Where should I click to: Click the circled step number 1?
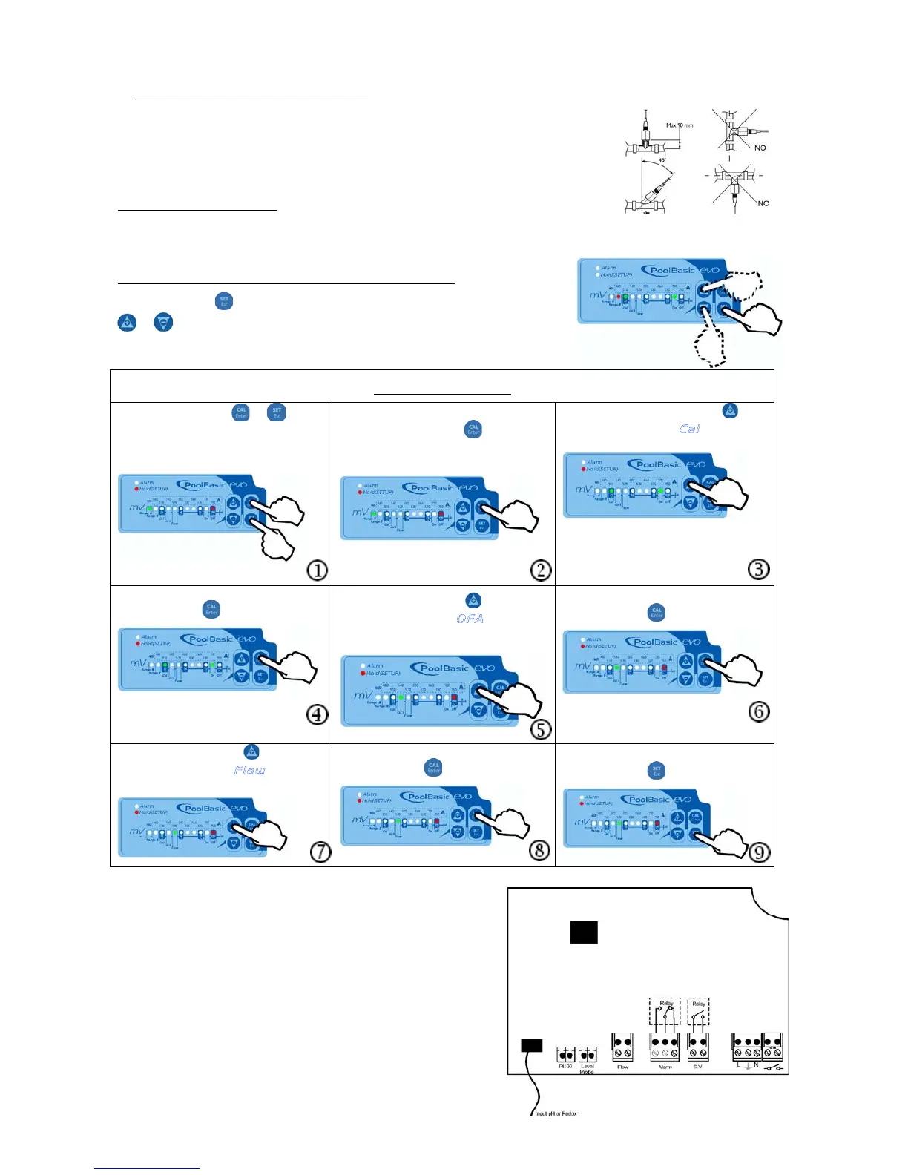pos(318,570)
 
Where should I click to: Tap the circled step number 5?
pos(541,728)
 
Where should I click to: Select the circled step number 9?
pos(758,852)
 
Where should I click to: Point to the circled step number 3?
pos(758,569)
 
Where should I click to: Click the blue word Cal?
pos(690,429)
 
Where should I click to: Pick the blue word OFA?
pos(470,619)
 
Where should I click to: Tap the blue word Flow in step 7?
pos(249,771)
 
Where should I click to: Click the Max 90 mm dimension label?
pos(680,125)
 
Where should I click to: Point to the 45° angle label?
pos(662,160)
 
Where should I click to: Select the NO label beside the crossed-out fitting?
pos(760,148)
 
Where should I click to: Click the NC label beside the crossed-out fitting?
pos(763,203)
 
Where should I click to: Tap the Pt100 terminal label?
pos(565,1067)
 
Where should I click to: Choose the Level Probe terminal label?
pos(587,1069)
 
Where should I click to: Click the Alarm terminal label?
pos(665,1067)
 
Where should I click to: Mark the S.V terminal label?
pos(697,1067)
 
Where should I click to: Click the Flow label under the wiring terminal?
pos(622,1067)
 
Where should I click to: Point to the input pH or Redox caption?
pos(556,1113)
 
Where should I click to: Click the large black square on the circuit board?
pos(584,932)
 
